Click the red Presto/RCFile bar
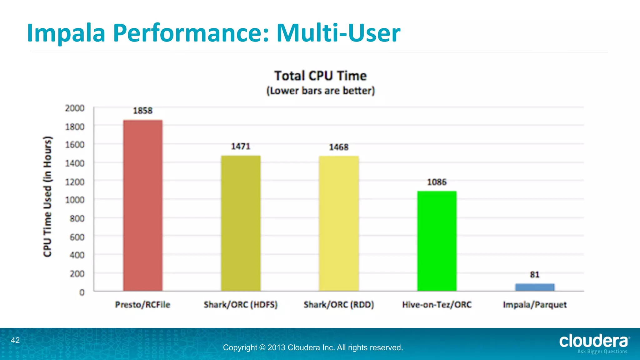pyautogui.click(x=143, y=205)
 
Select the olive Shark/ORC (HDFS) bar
pyautogui.click(x=241, y=223)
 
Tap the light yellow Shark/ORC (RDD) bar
pyautogui.click(x=339, y=223)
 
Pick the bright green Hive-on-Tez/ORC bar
pyautogui.click(x=437, y=241)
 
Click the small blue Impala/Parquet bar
pyautogui.click(x=535, y=287)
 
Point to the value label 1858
pyautogui.click(x=143, y=111)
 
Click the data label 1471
pyautogui.click(x=241, y=146)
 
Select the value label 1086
pyautogui.click(x=437, y=182)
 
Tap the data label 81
pyautogui.click(x=535, y=275)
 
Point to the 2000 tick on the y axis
pyautogui.click(x=75, y=108)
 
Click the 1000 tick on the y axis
pyautogui.click(x=75, y=200)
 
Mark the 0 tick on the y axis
pyautogui.click(x=82, y=292)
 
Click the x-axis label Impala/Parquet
pyautogui.click(x=535, y=305)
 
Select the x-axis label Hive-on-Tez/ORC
pyautogui.click(x=437, y=305)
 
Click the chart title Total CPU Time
pyautogui.click(x=321, y=76)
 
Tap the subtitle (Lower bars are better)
pyautogui.click(x=321, y=91)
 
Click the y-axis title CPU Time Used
pyautogui.click(x=47, y=197)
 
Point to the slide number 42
pyautogui.click(x=15, y=340)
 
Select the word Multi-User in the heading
pyautogui.click(x=338, y=33)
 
